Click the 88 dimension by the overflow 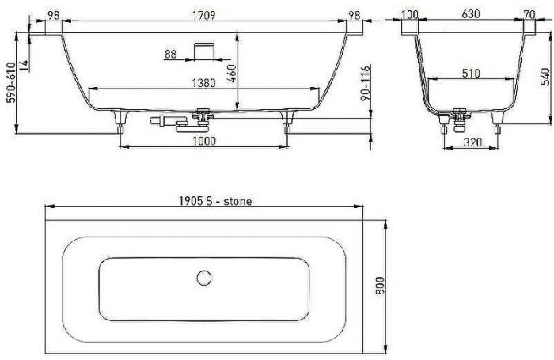(171, 55)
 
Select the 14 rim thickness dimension (25, 66)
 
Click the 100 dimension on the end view (409, 13)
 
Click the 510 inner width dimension (471, 74)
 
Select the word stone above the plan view (236, 201)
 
